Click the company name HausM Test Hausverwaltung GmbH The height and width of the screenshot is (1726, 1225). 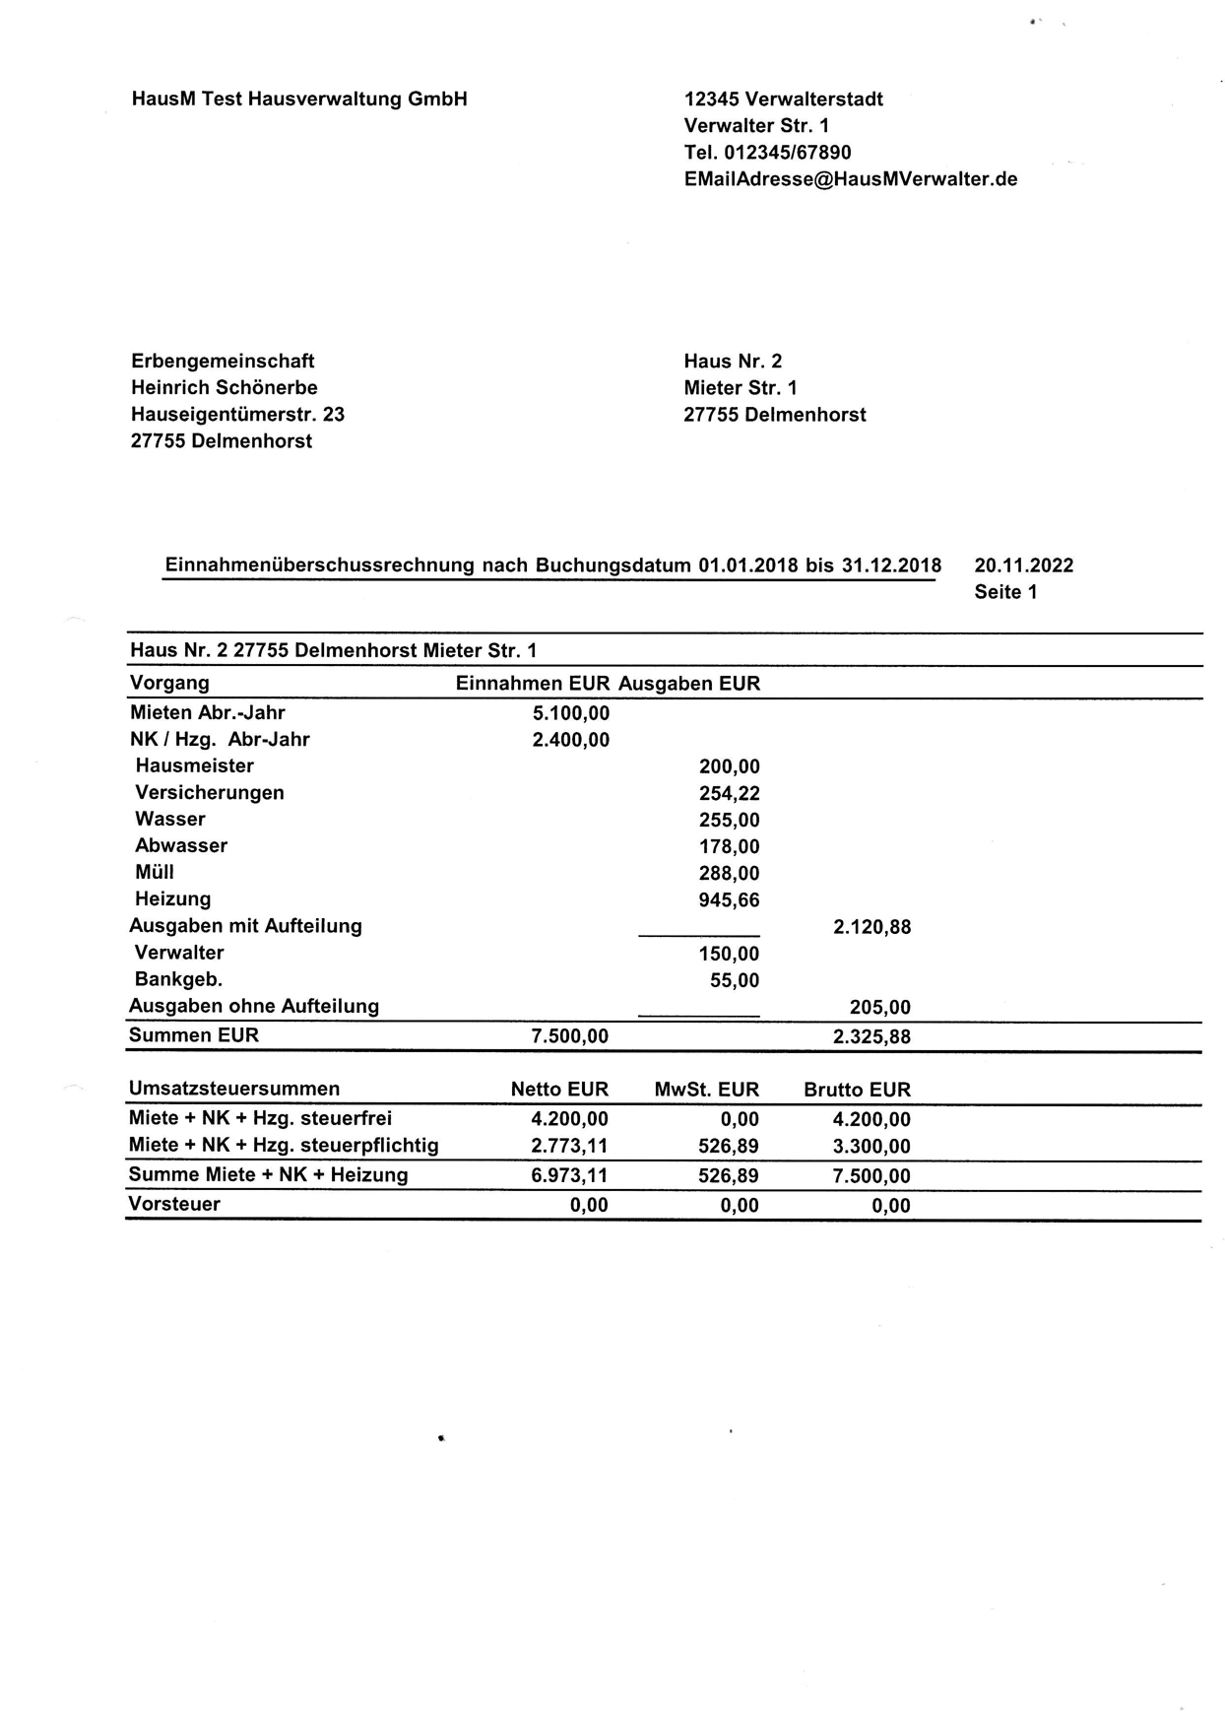[x=299, y=100]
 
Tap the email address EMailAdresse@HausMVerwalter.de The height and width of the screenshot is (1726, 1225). [x=851, y=179]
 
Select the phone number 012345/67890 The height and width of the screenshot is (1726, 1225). [x=787, y=153]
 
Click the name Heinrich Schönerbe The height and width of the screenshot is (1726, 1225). [x=225, y=388]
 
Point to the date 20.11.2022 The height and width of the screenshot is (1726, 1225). [x=1023, y=565]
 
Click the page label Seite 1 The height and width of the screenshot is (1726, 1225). [x=1005, y=592]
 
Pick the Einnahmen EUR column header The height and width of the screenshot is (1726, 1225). [x=533, y=684]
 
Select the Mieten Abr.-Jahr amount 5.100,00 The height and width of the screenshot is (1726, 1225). [x=570, y=713]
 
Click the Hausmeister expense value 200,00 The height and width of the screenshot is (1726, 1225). [x=729, y=766]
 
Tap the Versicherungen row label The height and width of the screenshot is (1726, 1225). [x=210, y=793]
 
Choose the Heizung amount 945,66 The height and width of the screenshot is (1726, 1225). [x=729, y=899]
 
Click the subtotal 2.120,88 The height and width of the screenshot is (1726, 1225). [x=871, y=927]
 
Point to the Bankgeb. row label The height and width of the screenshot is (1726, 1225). [x=178, y=979]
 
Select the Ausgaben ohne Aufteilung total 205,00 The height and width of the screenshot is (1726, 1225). [x=879, y=1007]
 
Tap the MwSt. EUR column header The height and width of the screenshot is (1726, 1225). [x=706, y=1090]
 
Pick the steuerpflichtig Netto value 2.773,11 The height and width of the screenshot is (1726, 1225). [x=569, y=1146]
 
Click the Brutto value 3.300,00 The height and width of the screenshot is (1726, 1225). [x=871, y=1147]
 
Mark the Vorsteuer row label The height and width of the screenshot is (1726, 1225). [x=175, y=1204]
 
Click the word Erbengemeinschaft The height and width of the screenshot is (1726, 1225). [x=223, y=362]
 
